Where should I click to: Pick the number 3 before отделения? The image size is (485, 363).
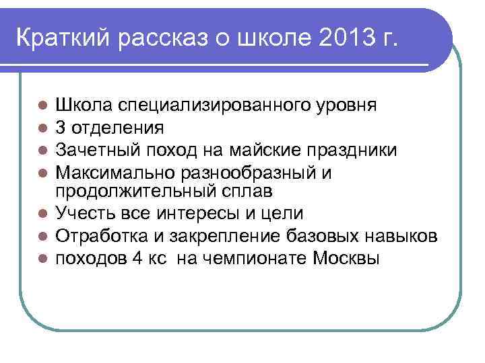pos(61,127)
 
